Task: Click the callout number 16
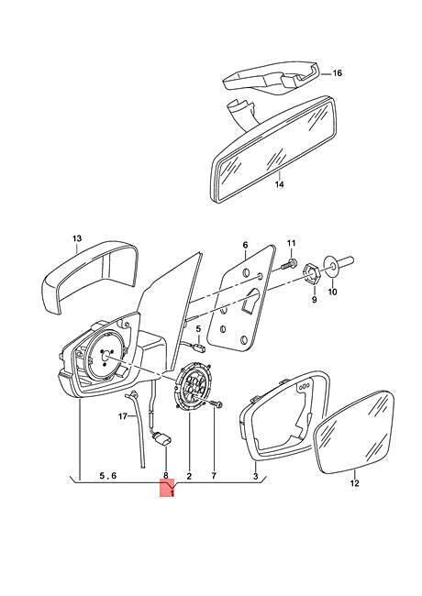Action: (337, 72)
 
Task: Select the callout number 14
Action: (280, 184)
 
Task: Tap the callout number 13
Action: (77, 238)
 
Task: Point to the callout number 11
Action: (291, 243)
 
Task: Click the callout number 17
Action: (122, 416)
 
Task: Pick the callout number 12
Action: (354, 483)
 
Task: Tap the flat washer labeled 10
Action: (332, 265)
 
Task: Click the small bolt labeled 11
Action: (289, 265)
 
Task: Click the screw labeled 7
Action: (217, 404)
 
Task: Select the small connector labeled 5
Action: (198, 347)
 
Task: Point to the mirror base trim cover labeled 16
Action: (271, 79)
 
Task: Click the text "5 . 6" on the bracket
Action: (108, 476)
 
